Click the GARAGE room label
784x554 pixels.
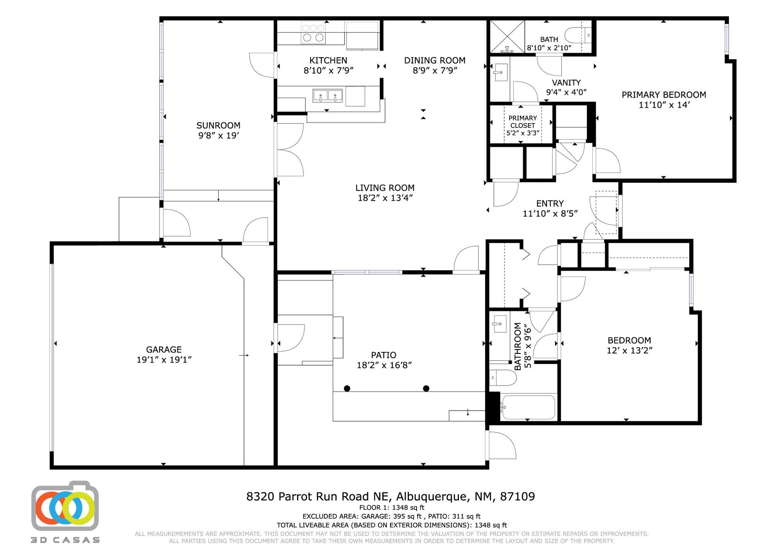point(164,349)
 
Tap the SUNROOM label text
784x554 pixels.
point(218,125)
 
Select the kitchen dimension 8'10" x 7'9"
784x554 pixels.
point(328,70)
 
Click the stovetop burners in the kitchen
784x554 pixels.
point(313,33)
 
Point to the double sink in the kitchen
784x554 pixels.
point(327,95)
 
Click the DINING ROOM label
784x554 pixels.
point(435,60)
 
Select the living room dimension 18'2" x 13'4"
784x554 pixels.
point(385,198)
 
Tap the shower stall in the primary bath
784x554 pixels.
point(507,36)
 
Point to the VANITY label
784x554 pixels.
point(566,82)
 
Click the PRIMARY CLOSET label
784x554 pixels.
point(523,122)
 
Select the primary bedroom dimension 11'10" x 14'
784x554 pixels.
point(664,105)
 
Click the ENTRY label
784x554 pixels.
point(550,204)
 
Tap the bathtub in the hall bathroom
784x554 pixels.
point(528,407)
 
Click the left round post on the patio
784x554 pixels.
point(347,388)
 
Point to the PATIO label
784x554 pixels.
point(384,355)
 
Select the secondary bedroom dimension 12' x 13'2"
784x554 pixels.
point(630,350)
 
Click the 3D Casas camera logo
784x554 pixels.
point(65,506)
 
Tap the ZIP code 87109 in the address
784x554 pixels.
point(518,497)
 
